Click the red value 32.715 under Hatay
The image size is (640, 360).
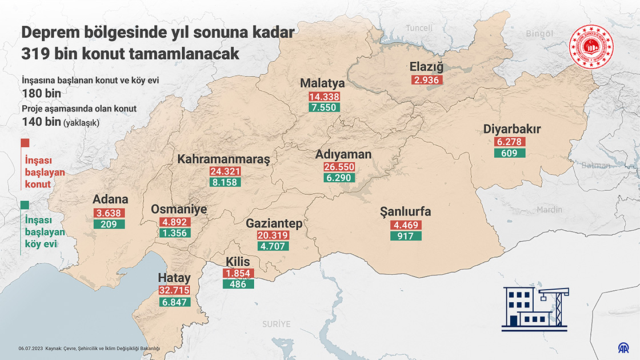pyautogui.click(x=174, y=290)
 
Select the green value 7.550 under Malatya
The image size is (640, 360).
pyautogui.click(x=324, y=107)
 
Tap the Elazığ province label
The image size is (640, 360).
pyautogui.click(x=426, y=67)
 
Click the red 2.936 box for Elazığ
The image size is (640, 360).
pyautogui.click(x=426, y=80)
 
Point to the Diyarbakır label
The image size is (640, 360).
pyautogui.click(x=511, y=129)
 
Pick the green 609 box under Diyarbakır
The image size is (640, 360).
pyautogui.click(x=509, y=153)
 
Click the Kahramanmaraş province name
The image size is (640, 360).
pyautogui.click(x=223, y=159)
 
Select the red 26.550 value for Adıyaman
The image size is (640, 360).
pyautogui.click(x=339, y=167)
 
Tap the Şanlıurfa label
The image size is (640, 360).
pyautogui.click(x=405, y=212)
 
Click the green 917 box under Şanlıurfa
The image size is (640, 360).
pyautogui.click(x=406, y=235)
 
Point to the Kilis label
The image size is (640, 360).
pyautogui.click(x=238, y=261)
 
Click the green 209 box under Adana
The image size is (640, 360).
pyautogui.click(x=109, y=225)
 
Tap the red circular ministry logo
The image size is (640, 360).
pyautogui.click(x=590, y=47)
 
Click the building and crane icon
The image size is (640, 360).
pyautogui.click(x=534, y=308)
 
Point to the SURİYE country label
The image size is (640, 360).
pyautogui.click(x=277, y=324)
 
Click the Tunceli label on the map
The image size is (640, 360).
pyautogui.click(x=420, y=28)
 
